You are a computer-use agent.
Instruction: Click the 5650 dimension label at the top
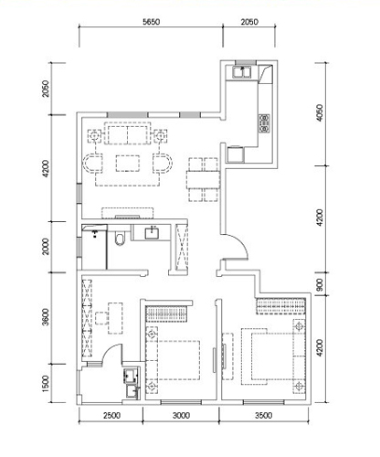(152, 22)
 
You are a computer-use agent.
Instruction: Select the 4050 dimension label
(320, 112)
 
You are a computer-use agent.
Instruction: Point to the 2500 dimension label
(111, 416)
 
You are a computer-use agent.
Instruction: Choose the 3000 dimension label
(182, 416)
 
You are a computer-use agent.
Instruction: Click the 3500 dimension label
(263, 416)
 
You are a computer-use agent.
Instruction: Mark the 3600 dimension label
(46, 317)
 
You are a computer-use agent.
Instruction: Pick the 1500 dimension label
(46, 384)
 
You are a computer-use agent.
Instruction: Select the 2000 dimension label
(46, 247)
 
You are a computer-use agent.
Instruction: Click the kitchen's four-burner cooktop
(264, 123)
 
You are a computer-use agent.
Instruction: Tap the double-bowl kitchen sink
(242, 72)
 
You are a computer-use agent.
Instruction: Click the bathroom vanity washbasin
(152, 233)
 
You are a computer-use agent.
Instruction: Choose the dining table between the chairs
(204, 180)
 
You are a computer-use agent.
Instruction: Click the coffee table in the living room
(128, 164)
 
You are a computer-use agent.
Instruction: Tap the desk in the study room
(116, 318)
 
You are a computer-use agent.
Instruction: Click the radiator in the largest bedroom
(281, 306)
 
